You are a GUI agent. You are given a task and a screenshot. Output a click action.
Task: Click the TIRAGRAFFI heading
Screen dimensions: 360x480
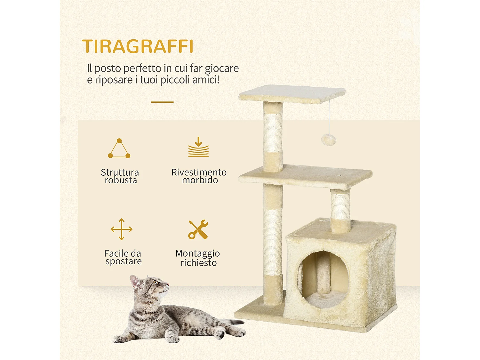pyautogui.click(x=138, y=46)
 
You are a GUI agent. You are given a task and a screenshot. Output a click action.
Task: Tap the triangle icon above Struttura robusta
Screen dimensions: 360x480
pyautogui.click(x=119, y=149)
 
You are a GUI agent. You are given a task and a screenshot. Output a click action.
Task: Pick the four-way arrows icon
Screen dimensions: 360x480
pyautogui.click(x=121, y=229)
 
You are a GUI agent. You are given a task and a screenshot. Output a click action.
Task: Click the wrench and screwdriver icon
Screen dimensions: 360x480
pyautogui.click(x=198, y=229)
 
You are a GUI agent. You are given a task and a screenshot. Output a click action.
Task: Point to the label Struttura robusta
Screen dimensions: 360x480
pyautogui.click(x=120, y=176)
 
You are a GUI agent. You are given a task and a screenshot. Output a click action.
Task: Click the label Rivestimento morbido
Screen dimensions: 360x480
pyautogui.click(x=199, y=176)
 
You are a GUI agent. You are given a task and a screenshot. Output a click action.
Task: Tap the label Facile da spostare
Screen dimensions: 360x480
pyautogui.click(x=123, y=257)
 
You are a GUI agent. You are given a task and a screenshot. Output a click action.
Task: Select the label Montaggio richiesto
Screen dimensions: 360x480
pyautogui.click(x=198, y=258)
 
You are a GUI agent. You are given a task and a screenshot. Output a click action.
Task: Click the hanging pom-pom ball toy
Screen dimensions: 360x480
pyautogui.click(x=328, y=140)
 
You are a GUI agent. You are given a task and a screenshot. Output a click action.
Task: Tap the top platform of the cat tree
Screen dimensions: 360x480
pyautogui.click(x=292, y=93)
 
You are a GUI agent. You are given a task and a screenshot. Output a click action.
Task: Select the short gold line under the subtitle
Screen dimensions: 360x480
pyautogui.click(x=162, y=102)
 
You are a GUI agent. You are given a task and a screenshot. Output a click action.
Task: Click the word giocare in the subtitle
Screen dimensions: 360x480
pyautogui.click(x=221, y=68)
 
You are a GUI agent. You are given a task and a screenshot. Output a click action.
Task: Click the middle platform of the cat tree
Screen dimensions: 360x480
pyautogui.click(x=306, y=176)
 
